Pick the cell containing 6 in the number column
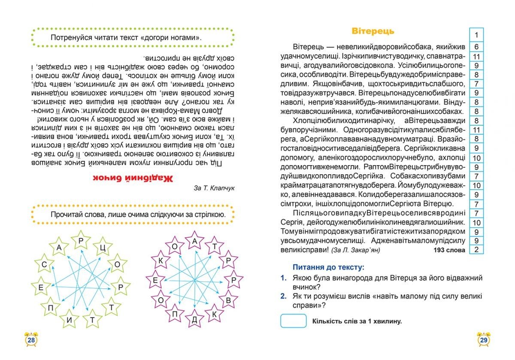click(476, 47)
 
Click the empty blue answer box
click(294, 321)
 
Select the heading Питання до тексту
click(328, 267)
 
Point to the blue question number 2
click(283, 296)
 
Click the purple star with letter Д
click(194, 319)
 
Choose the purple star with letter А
click(194, 242)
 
